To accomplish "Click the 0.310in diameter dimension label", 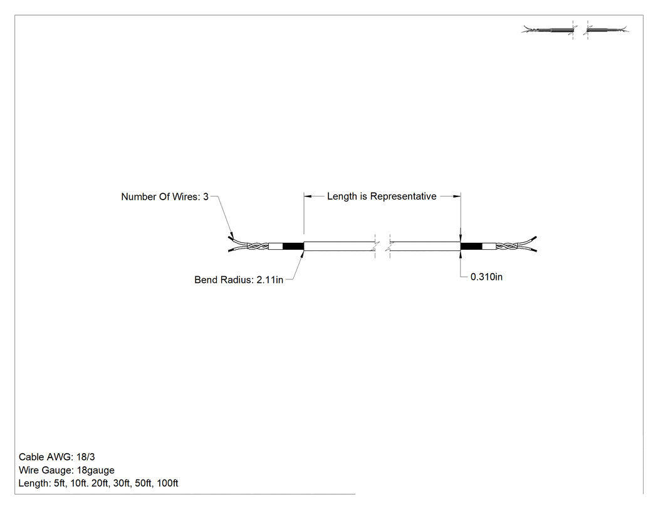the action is (x=486, y=277).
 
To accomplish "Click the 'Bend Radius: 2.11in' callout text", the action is (x=239, y=280).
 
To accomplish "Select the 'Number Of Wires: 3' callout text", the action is (x=165, y=196).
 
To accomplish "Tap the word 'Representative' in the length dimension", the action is (x=404, y=196).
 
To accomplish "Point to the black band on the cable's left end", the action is (x=293, y=246).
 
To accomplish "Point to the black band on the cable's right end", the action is (x=471, y=246).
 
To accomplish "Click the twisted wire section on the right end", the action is (x=508, y=246).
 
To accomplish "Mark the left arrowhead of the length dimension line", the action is (x=308, y=196).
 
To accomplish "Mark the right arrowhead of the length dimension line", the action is (x=457, y=196).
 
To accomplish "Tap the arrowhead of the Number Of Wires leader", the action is (x=231, y=236).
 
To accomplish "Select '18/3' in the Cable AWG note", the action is (x=86, y=457).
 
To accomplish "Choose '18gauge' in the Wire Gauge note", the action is (x=96, y=470).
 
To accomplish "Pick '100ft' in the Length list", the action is (x=167, y=483).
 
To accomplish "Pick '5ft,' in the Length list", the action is (x=60, y=483).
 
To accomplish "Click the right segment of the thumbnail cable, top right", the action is (x=607, y=30).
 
